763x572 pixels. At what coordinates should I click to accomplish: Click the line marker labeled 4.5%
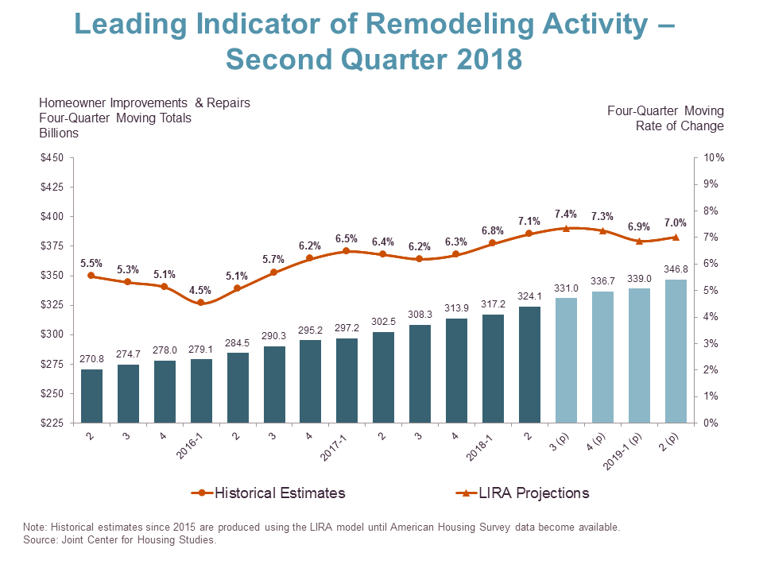pos(200,303)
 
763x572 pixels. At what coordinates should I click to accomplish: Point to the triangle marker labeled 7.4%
pos(566,228)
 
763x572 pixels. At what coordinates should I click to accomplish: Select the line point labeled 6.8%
pos(493,243)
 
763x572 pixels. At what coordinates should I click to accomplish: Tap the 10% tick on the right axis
pos(714,157)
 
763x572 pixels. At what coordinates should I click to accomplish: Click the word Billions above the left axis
pos(59,133)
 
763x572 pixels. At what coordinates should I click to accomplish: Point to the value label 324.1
pos(529,297)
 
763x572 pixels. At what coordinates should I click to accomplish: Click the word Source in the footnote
pos(40,540)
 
